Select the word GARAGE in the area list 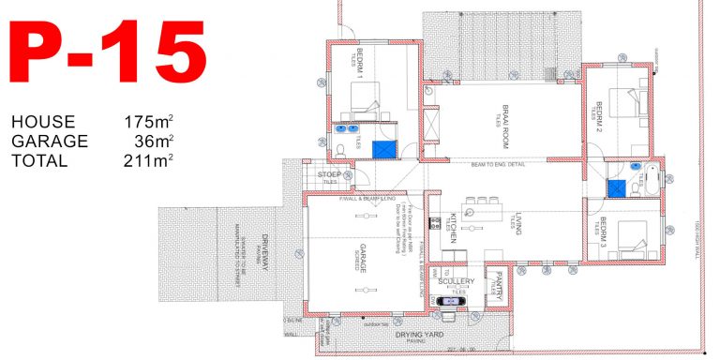[49, 142]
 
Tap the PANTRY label [501, 282]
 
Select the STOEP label [329, 174]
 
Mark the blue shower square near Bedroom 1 [382, 149]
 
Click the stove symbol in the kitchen [435, 224]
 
